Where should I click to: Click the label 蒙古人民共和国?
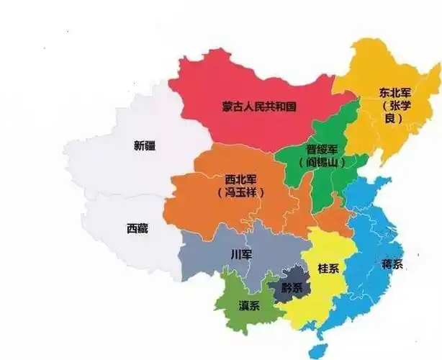click(259, 107)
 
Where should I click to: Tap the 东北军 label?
click(396, 92)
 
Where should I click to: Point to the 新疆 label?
click(144, 145)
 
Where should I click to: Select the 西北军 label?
click(240, 179)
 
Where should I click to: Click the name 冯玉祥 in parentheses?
click(240, 193)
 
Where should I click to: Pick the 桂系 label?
click(328, 269)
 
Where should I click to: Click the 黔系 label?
click(291, 287)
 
